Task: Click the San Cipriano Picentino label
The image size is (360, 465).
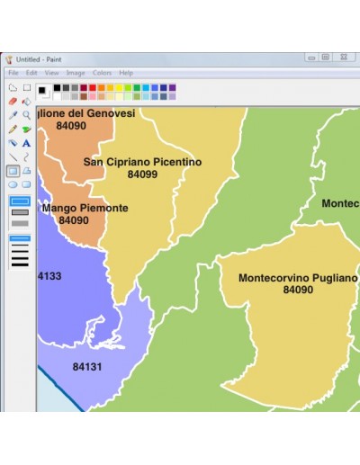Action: pyautogui.click(x=142, y=162)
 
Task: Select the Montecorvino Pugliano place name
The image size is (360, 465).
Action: pyautogui.click(x=297, y=278)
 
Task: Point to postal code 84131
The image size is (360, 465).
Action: pyautogui.click(x=87, y=367)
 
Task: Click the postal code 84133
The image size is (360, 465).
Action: pyautogui.click(x=49, y=276)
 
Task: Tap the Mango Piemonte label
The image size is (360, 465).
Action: pyautogui.click(x=93, y=208)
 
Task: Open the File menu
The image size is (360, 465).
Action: pyautogui.click(x=13, y=73)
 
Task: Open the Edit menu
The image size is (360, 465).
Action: pyautogui.click(x=31, y=73)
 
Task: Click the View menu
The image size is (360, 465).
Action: pyautogui.click(x=51, y=73)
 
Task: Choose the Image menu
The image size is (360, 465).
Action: pyautogui.click(x=76, y=73)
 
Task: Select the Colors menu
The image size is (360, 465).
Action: pyautogui.click(x=102, y=73)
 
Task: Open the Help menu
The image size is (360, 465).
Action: pyautogui.click(x=126, y=73)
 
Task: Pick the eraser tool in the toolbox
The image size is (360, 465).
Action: pyautogui.click(x=13, y=102)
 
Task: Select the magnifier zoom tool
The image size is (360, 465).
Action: pyautogui.click(x=26, y=115)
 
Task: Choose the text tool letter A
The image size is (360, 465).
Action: pyautogui.click(x=26, y=143)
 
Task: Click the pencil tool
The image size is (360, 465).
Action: pyautogui.click(x=13, y=129)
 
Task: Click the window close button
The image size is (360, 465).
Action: pyautogui.click(x=343, y=57)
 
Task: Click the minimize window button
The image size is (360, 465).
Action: pyautogui.click(x=310, y=57)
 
